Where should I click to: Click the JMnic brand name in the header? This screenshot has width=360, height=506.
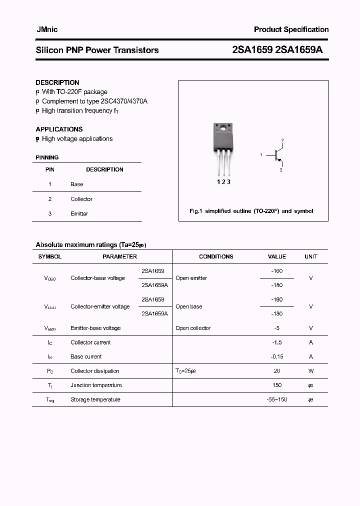pos(46,29)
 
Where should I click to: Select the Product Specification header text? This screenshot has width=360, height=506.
pos(291,29)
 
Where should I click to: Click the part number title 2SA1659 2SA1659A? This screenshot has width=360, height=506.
pos(280,50)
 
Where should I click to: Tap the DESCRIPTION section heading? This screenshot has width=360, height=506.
pos(57,82)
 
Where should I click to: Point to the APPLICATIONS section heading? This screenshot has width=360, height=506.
pos(59,129)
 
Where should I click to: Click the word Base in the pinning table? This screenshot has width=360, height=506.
pos(77,184)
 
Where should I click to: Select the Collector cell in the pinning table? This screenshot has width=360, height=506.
pos(81,199)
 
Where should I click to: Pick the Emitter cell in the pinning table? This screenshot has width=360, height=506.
pos(79,213)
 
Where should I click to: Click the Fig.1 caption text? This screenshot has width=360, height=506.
pos(251,211)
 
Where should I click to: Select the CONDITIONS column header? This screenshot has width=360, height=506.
pos(216,256)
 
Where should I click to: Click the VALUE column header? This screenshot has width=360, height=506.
pos(277,256)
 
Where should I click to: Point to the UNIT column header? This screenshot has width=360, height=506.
pos(311,256)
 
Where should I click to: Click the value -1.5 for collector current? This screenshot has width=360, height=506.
pos(277,342)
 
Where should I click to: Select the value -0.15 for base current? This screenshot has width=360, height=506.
pos(277,356)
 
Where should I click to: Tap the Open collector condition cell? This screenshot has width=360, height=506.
pos(193,328)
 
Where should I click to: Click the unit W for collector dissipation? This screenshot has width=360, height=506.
pos(311,371)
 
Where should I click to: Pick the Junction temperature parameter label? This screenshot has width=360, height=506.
pos(96,385)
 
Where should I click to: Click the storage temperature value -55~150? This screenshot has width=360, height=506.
pos(277,399)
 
